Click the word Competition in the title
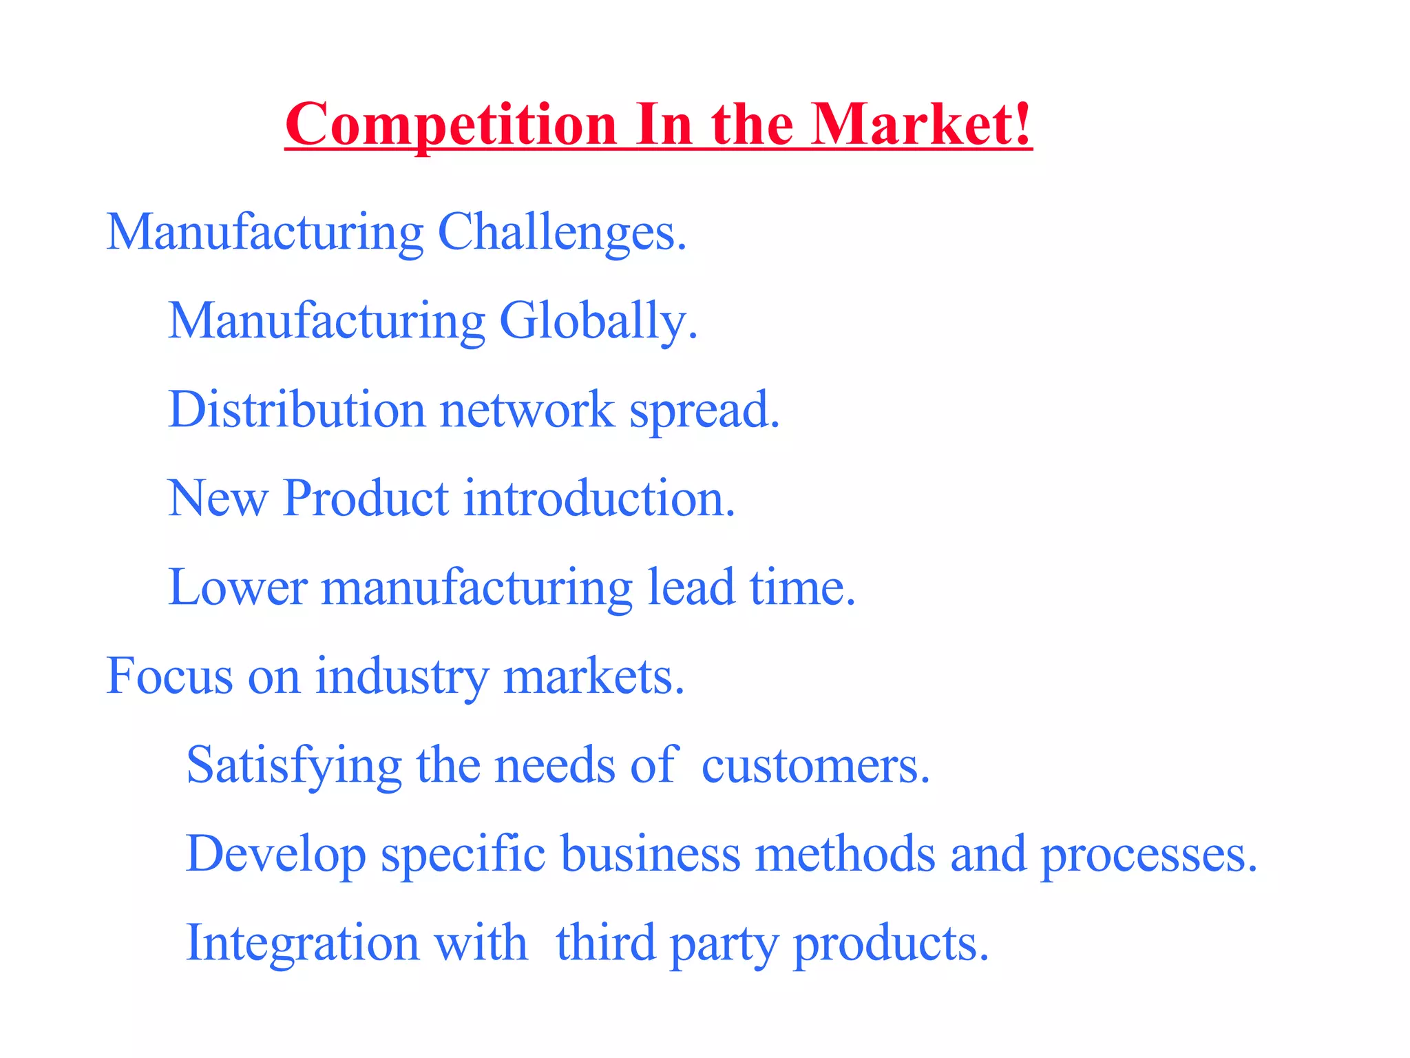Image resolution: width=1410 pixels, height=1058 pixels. point(451,125)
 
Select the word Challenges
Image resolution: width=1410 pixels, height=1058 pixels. point(562,233)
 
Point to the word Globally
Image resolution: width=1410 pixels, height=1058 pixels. point(598,322)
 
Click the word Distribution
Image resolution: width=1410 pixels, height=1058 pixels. point(297,409)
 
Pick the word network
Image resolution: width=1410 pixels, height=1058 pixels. point(527,411)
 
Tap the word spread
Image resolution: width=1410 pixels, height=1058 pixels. point(704,412)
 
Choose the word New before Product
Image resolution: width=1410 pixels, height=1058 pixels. point(218,498)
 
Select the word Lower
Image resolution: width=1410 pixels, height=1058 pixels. point(238,588)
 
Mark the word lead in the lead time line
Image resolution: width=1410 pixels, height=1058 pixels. point(691,588)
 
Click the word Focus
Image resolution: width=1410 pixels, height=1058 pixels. point(169,676)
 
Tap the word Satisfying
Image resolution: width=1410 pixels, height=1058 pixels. point(294,766)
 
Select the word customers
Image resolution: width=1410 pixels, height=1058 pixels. point(815,766)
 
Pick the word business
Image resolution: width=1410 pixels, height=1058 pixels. point(651,854)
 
